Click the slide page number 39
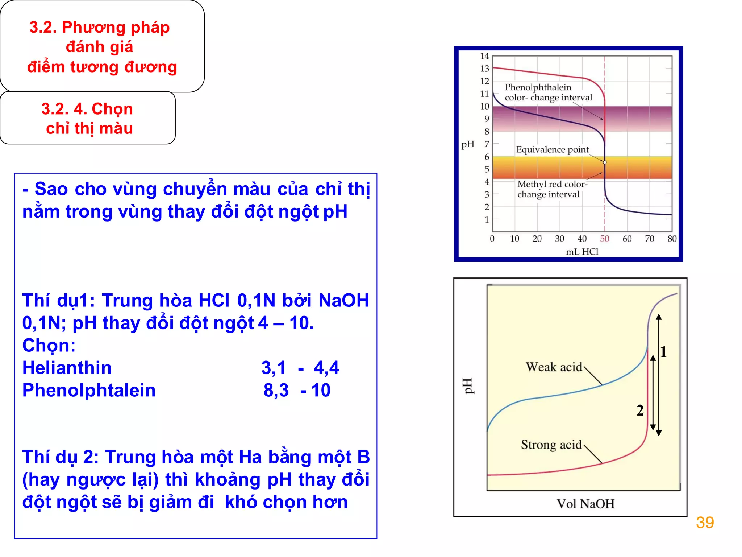coord(704,523)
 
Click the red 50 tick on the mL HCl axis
coord(604,239)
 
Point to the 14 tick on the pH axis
coord(484,56)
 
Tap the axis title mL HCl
coord(582,252)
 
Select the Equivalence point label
coord(552,149)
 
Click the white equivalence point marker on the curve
coord(605,162)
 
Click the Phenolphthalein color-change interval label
coord(548,92)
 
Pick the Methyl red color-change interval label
coord(552,189)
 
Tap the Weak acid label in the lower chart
coord(554,367)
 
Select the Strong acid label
coord(551,445)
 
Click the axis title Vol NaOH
coord(585,504)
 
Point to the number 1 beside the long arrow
coord(663,352)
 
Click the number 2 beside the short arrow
coord(640,410)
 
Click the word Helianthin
coord(67,368)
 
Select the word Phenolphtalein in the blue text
coord(89,390)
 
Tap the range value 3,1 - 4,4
coord(300,368)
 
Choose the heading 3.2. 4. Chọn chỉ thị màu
coord(87,118)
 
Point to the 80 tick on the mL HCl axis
coord(672,239)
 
